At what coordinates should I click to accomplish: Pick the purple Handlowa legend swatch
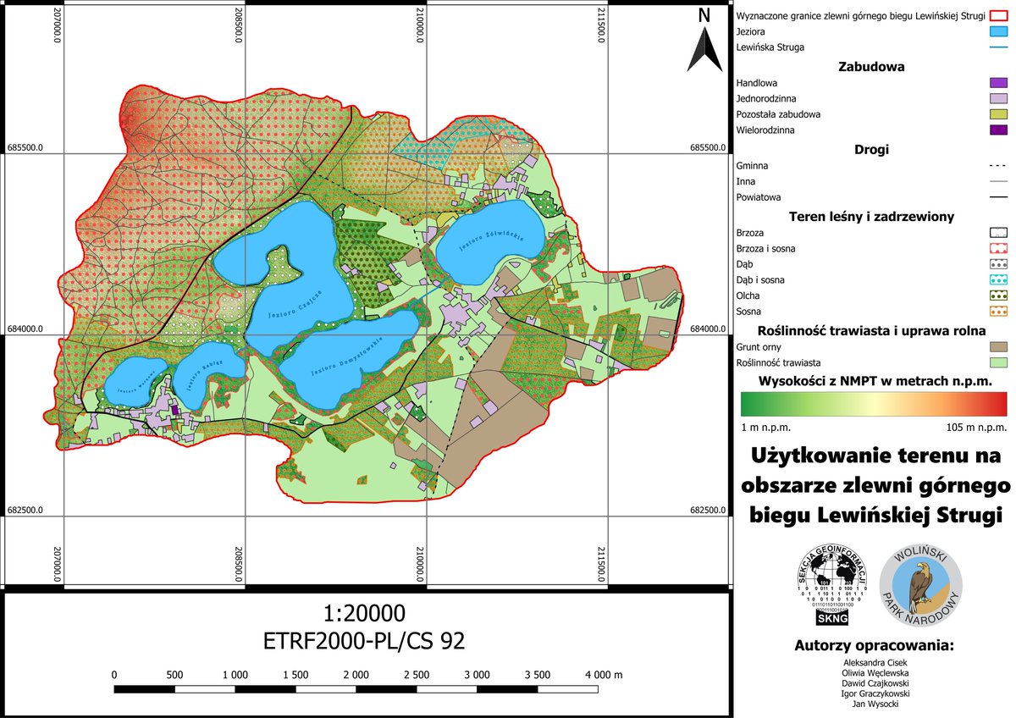tap(998, 83)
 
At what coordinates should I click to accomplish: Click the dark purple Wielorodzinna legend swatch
tap(998, 130)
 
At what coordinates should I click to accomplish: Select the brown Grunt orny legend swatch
tap(998, 346)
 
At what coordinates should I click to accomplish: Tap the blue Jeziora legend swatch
tap(998, 31)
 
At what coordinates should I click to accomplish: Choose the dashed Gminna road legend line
tap(998, 166)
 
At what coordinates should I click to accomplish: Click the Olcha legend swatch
tap(998, 295)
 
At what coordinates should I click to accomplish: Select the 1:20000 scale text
tap(364, 612)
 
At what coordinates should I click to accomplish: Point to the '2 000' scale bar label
tap(356, 675)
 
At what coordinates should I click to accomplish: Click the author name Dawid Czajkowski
tap(875, 682)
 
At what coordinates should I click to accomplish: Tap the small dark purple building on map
tap(175, 410)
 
